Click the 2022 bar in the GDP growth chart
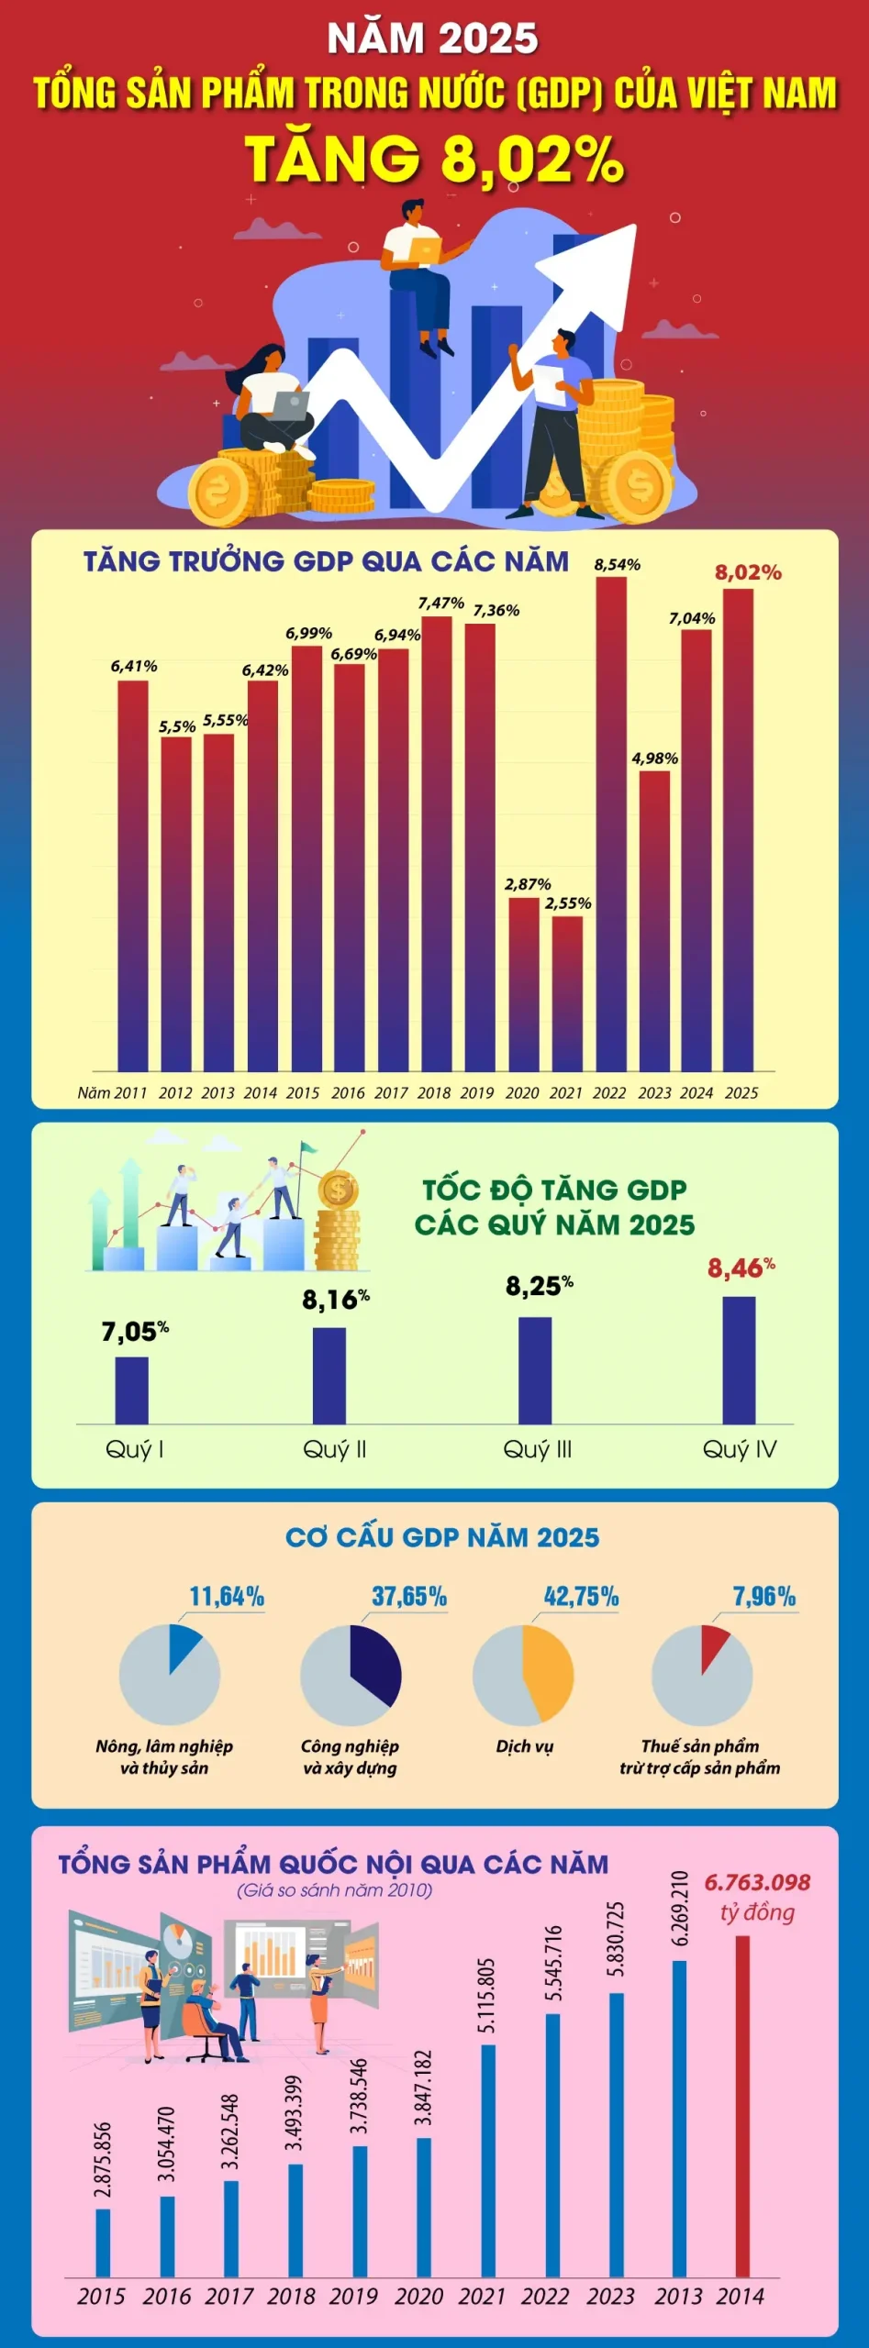pos(611,825)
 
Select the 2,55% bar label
pos(568,903)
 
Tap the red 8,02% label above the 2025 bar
pos(748,572)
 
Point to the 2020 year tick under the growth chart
pos(522,1092)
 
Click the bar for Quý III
pos(535,1370)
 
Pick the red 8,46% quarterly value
pos(741,1268)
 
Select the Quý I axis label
pos(134,1449)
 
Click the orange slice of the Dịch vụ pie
pos(549,1673)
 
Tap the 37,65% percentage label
pos(408,1597)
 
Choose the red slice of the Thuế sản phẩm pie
pos(713,1646)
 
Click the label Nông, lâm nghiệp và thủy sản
pos(164,1756)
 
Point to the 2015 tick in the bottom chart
pos(101,2296)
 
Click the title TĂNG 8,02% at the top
pos(434,160)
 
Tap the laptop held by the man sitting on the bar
pos(425,249)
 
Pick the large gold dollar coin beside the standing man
pos(639,486)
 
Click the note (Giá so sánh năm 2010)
pos(334,1889)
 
